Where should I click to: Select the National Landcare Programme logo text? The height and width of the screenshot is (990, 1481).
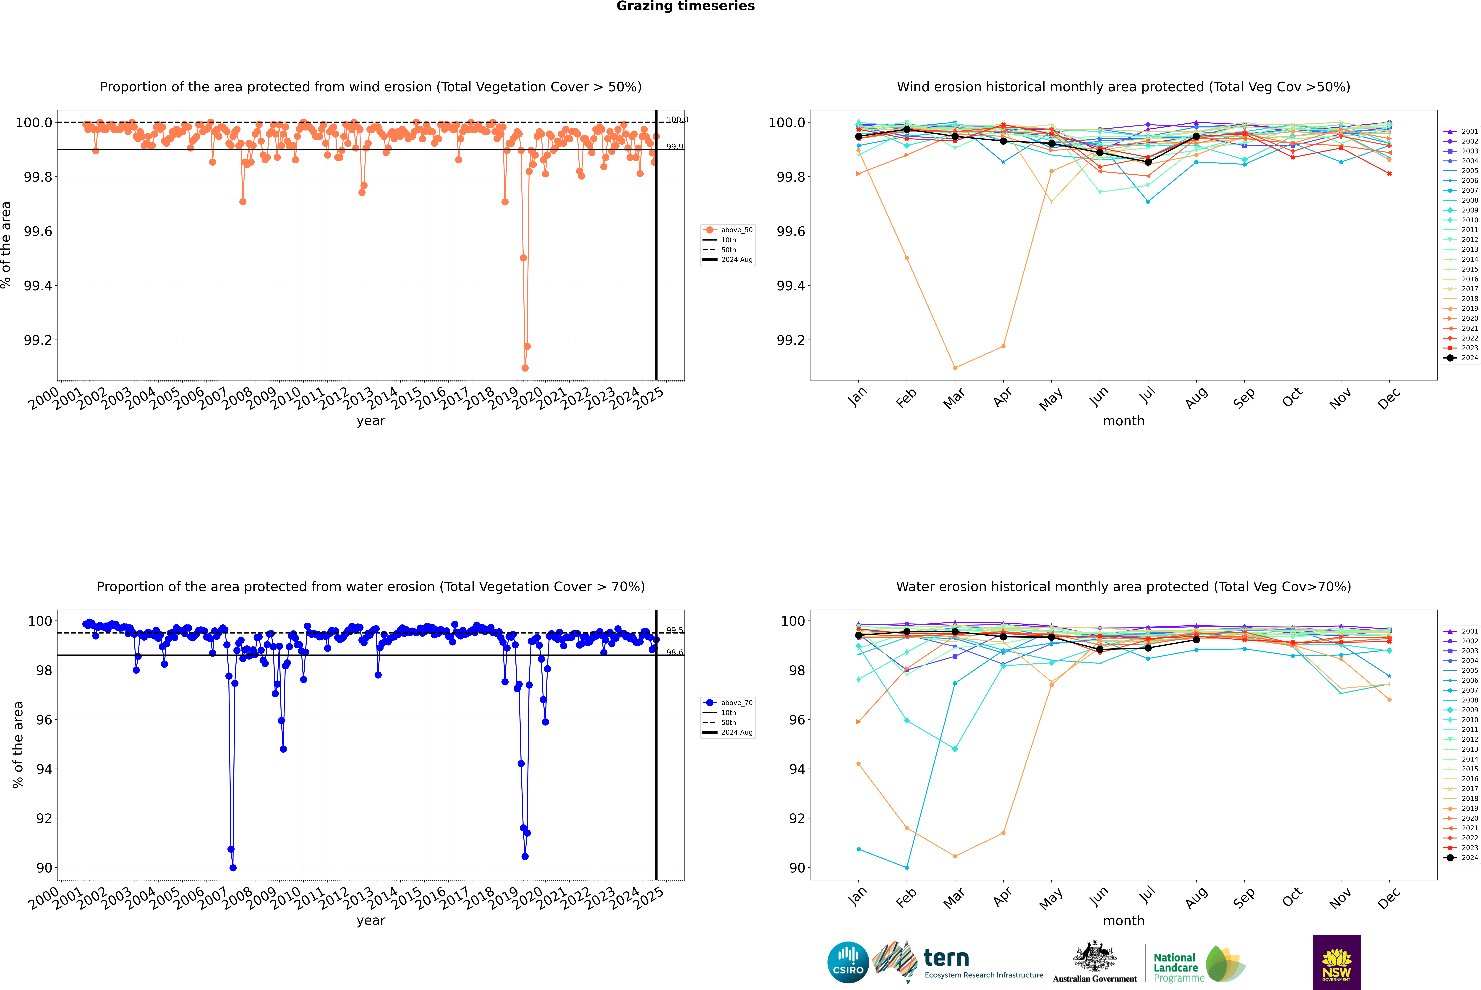pos(1175,967)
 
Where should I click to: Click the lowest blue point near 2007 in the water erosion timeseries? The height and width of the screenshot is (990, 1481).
pos(233,867)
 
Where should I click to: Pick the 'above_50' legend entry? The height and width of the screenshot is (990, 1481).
pos(736,230)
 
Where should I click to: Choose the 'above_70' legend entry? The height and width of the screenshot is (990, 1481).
pos(736,703)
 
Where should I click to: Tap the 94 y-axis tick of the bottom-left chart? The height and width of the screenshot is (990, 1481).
pos(44,769)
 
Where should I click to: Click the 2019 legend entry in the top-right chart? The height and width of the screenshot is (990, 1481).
pos(1469,309)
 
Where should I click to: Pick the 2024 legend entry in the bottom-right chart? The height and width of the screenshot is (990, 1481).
pos(1469,857)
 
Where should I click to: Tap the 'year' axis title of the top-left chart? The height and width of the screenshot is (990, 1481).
pos(371,421)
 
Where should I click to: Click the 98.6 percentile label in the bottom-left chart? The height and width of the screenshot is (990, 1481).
pos(674,652)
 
